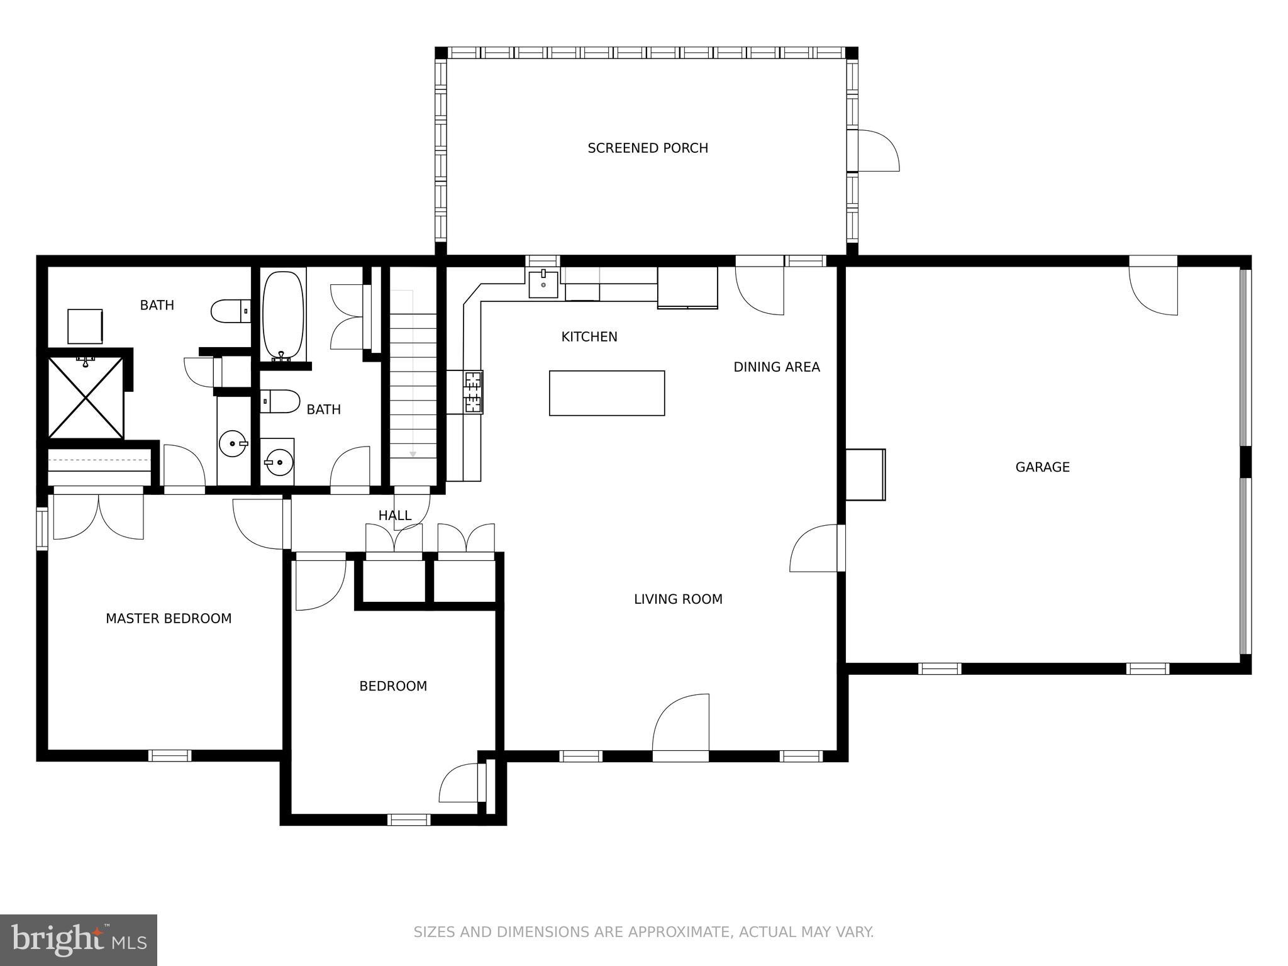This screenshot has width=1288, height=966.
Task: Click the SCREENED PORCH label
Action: tap(648, 148)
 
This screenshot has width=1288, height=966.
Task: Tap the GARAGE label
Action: tap(1042, 467)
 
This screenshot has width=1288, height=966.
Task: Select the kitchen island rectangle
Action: tap(607, 393)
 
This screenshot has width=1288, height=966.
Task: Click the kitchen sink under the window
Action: tap(543, 285)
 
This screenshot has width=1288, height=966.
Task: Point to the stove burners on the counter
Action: tap(473, 392)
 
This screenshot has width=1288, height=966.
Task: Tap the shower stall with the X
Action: tap(86, 397)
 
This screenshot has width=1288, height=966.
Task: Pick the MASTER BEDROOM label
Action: tap(169, 619)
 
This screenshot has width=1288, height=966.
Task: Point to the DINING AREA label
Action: tap(777, 367)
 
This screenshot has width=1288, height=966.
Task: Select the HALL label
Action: tap(395, 516)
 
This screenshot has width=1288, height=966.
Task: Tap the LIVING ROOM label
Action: tap(678, 599)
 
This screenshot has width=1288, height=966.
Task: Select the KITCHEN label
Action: tap(589, 337)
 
